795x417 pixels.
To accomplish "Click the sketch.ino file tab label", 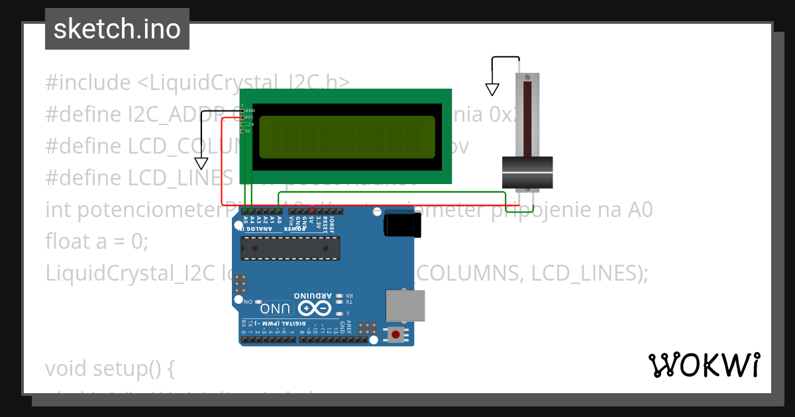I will [117, 29].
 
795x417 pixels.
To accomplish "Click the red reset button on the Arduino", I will [396, 334].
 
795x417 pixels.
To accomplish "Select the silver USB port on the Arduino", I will [405, 305].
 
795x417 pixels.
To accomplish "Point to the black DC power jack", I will [401, 224].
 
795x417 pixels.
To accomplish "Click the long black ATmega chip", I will [290, 247].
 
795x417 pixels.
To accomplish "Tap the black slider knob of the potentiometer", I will [527, 172].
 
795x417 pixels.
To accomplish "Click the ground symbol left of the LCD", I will [201, 163].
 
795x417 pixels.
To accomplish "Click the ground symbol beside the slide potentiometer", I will [492, 89].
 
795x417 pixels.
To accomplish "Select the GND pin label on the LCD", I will [250, 110].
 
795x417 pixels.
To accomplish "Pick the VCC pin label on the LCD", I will [250, 117].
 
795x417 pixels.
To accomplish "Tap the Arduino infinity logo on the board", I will [315, 308].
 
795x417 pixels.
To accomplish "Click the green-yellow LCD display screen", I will [347, 137].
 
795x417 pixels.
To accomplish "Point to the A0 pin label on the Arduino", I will [279, 220].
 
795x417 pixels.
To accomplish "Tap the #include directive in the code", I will [89, 83].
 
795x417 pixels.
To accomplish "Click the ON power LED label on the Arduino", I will [248, 301].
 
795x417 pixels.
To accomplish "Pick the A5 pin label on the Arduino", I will [245, 220].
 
